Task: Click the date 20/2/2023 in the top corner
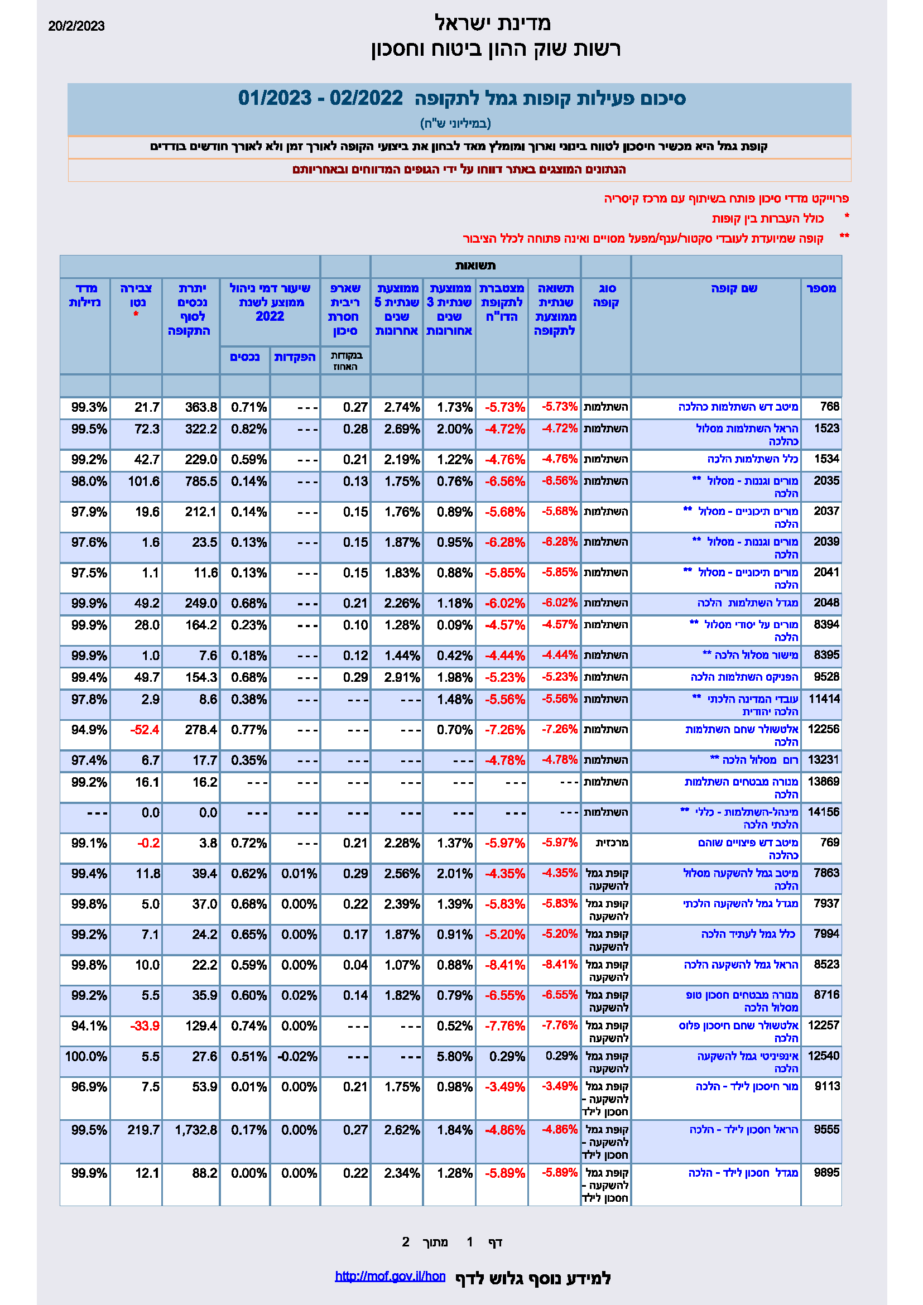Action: coord(76,26)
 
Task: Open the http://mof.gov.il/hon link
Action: coord(390,1276)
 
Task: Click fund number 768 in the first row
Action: coord(829,406)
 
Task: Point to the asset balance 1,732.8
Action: coord(196,1130)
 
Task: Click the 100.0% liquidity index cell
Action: coord(86,1056)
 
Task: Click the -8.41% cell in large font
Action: coord(504,965)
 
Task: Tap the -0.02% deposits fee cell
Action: coord(297,1056)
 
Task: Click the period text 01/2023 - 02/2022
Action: coord(320,98)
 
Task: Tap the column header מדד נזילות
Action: coord(85,296)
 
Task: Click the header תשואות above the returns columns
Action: coord(475,266)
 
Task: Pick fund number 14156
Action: coord(823,812)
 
